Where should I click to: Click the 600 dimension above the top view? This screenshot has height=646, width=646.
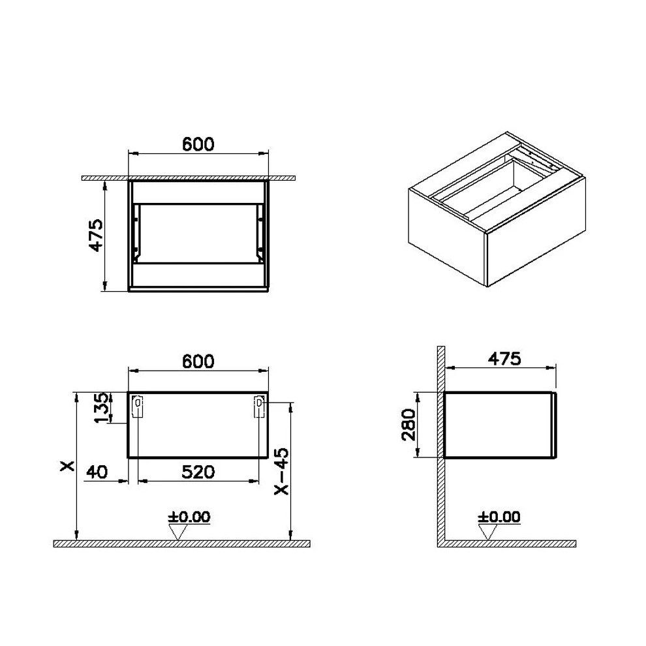[x=198, y=144]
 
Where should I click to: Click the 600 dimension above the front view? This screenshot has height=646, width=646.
[x=198, y=361]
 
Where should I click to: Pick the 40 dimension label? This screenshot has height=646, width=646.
[x=99, y=471]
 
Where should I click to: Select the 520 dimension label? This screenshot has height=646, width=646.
[x=198, y=471]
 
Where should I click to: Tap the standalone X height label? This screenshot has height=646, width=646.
[x=66, y=467]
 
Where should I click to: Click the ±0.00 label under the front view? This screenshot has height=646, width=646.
[x=189, y=517]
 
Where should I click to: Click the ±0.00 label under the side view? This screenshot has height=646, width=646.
[x=499, y=517]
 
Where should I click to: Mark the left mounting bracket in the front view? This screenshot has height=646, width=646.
[x=137, y=407]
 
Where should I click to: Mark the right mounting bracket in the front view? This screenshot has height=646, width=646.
[x=259, y=407]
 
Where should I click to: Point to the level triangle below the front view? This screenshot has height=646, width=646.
[x=178, y=532]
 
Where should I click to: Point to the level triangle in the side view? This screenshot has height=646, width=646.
[x=487, y=532]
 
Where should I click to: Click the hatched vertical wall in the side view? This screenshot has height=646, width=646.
[x=440, y=444]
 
